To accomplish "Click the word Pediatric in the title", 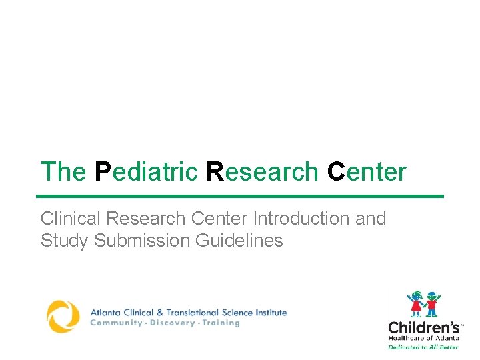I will (146, 172).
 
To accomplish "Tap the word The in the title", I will (63, 172).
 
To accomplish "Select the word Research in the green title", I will (262, 172).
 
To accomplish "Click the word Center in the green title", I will (366, 172).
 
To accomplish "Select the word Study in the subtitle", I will (65, 241).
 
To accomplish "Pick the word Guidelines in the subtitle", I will (239, 241).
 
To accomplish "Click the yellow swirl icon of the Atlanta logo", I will (63, 316).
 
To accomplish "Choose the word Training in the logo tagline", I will (219, 323).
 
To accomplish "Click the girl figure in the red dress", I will (416, 303).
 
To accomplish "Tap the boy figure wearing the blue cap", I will (432, 303).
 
